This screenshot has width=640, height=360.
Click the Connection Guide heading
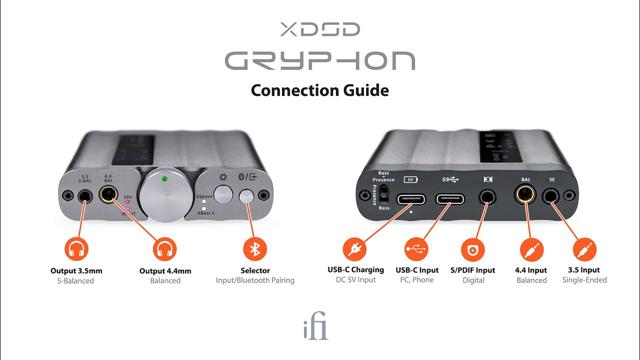coord(319,90)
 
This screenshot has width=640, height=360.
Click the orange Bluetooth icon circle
coord(255,249)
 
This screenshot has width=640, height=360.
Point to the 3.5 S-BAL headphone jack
coord(84,195)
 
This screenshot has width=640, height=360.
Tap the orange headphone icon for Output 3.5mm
coord(76,248)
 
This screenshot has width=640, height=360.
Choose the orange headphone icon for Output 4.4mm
coord(165,249)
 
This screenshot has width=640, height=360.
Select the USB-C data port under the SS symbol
coord(450,198)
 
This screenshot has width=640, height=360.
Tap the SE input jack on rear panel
coord(552,196)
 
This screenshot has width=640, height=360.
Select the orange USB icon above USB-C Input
coord(417,248)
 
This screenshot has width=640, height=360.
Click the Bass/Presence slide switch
coord(384,194)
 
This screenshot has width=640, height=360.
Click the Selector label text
coord(255,270)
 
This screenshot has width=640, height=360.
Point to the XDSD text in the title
coord(319,29)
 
